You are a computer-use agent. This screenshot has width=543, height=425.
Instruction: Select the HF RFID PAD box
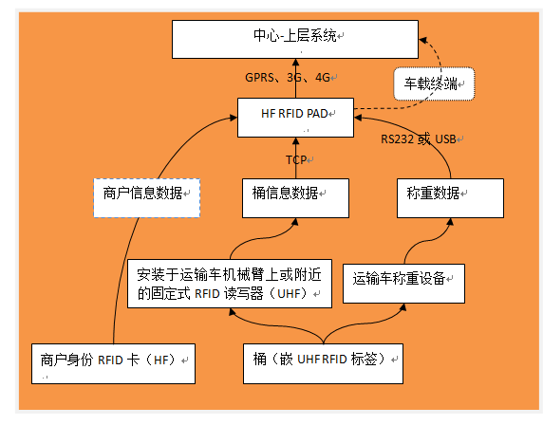[x=294, y=118]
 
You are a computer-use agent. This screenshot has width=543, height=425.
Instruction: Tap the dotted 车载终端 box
[x=433, y=83]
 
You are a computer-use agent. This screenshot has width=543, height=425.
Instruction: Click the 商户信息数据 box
[x=147, y=196]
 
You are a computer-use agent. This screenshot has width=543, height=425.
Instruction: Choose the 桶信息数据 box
[x=294, y=195]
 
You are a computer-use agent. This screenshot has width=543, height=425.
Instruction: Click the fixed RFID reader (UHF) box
[x=229, y=284]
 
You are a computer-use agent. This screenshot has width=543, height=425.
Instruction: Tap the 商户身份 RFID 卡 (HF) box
[x=113, y=362]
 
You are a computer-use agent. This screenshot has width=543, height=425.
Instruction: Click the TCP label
[x=295, y=158]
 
